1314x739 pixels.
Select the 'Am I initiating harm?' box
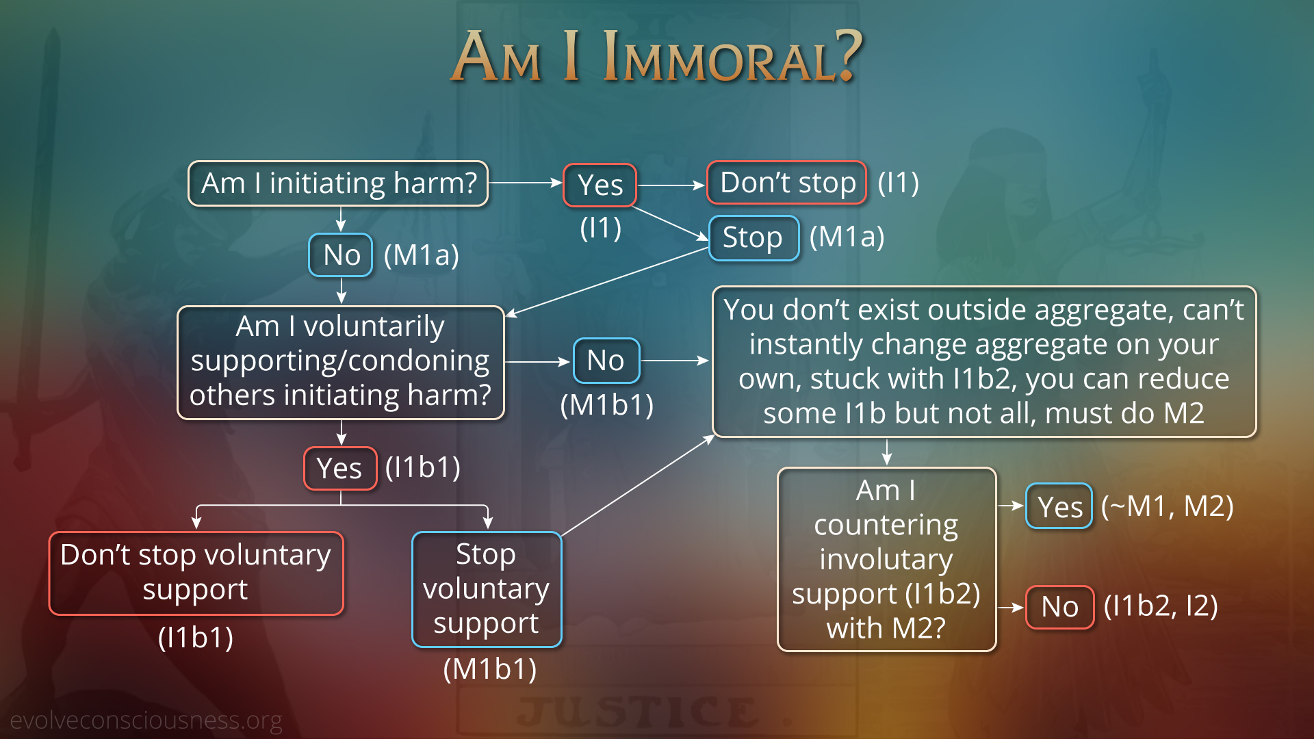tap(338, 183)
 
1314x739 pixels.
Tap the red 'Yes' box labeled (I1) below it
tap(600, 185)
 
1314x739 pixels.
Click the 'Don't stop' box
tap(787, 183)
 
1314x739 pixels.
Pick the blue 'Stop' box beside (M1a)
tap(754, 238)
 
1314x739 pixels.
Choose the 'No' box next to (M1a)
tap(341, 255)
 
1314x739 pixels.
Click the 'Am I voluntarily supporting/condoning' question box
tap(341, 362)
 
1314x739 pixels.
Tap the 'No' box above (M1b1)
tap(606, 361)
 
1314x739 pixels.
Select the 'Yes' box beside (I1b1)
tap(340, 469)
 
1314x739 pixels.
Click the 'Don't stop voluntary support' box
tap(196, 573)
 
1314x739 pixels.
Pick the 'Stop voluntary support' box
tap(487, 589)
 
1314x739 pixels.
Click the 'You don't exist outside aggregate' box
tap(984, 362)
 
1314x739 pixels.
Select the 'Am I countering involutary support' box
tap(886, 560)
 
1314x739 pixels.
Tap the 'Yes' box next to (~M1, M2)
tap(1059, 506)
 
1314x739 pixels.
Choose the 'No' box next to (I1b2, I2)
tap(1060, 607)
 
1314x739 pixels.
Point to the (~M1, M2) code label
tap(1168, 506)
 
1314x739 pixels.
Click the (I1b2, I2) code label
tap(1161, 606)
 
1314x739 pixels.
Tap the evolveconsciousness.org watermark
tap(146, 721)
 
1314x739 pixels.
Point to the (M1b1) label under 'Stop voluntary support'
tap(490, 669)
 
